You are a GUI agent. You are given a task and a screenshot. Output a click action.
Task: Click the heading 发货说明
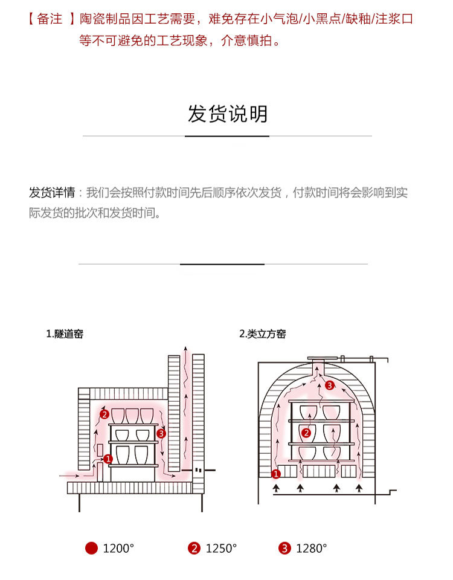[x=227, y=114]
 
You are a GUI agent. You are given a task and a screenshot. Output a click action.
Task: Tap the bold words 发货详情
[x=52, y=193]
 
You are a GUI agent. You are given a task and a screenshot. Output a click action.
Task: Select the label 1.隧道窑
[x=65, y=334]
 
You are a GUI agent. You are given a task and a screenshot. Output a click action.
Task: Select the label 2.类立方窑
[x=263, y=334]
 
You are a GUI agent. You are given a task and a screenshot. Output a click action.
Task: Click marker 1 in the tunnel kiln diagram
[x=108, y=459]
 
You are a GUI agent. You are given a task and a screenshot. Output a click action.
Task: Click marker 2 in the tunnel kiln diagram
[x=104, y=414]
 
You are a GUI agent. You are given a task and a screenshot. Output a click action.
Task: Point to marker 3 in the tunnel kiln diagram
[x=161, y=433]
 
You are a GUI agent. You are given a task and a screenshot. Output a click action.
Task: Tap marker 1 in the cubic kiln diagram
[x=276, y=474]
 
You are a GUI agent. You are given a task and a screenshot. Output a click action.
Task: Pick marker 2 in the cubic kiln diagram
[x=306, y=433]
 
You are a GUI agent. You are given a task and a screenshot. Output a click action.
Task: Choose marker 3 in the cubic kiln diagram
[x=329, y=385]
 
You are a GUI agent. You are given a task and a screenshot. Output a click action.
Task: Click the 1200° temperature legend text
[x=118, y=549]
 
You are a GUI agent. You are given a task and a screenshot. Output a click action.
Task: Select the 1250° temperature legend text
[x=221, y=549]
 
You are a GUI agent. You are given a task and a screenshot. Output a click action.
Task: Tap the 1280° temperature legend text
[x=311, y=549]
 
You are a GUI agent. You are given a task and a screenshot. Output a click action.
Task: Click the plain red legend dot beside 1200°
[x=91, y=549]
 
